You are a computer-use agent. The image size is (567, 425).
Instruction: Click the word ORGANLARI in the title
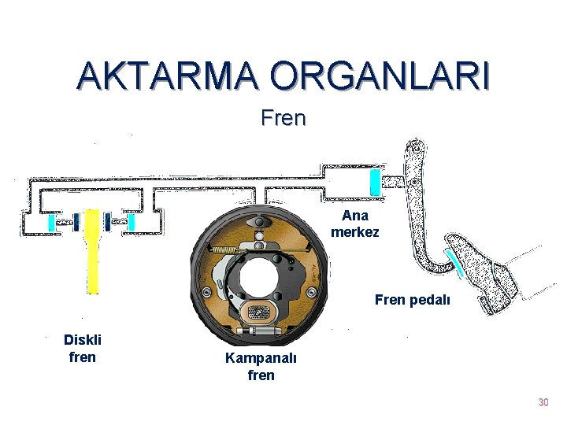point(380,76)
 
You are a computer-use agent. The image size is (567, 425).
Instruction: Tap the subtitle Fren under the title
point(283,119)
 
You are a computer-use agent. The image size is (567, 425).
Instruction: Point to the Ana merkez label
point(355,224)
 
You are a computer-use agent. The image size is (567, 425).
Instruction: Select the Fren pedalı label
point(413,300)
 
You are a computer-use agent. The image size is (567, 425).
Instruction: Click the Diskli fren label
point(83,349)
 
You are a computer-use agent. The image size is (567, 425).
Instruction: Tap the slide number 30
point(543,403)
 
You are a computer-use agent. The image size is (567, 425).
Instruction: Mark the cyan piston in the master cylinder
point(376,183)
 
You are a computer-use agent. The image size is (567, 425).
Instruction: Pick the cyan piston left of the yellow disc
point(53,223)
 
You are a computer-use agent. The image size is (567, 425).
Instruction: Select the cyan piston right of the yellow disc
point(132,223)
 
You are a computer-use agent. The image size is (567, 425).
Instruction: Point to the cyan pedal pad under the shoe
point(454,263)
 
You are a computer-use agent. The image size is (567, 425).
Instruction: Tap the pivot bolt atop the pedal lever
point(416,146)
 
